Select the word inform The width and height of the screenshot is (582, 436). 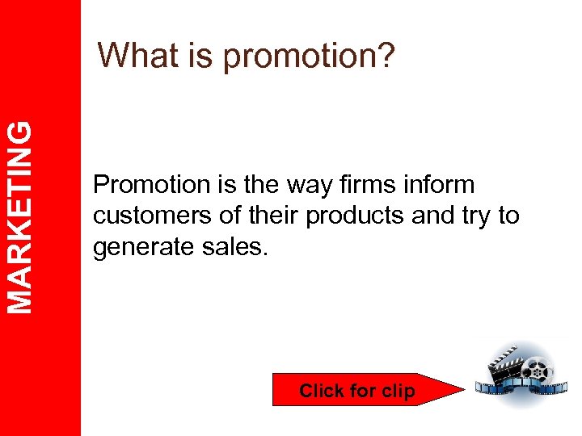[x=443, y=185]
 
